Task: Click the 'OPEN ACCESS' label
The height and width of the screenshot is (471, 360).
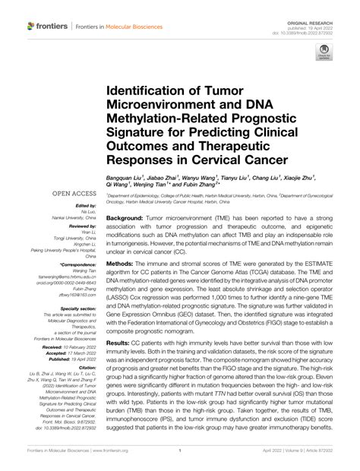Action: [x=74, y=194]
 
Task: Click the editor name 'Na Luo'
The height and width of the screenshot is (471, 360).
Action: [x=89, y=213]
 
